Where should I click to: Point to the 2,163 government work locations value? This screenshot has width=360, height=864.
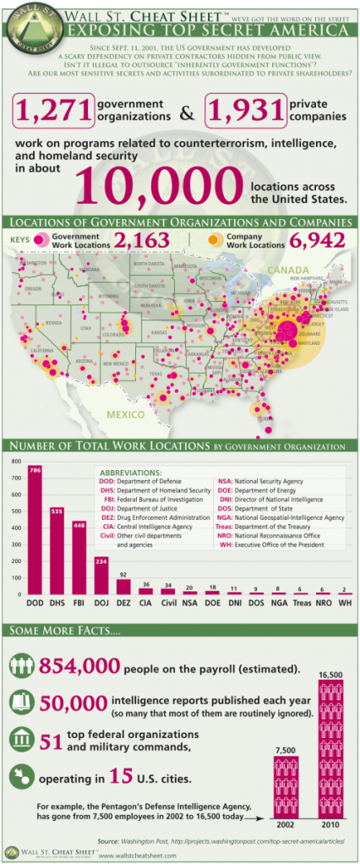pyautogui.click(x=142, y=240)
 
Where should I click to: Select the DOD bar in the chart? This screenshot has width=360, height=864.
pyautogui.click(x=35, y=533)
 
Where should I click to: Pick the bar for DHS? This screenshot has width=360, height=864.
pyautogui.click(x=57, y=541)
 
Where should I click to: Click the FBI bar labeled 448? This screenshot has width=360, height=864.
pyautogui.click(x=79, y=549)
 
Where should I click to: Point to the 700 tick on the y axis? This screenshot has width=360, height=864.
pyautogui.click(x=14, y=478)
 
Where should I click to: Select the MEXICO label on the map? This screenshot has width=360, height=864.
pyautogui.click(x=126, y=415)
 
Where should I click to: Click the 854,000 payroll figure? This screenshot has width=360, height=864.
pyautogui.click(x=74, y=667)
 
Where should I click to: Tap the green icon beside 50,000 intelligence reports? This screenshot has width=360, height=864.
pyautogui.click(x=19, y=703)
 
